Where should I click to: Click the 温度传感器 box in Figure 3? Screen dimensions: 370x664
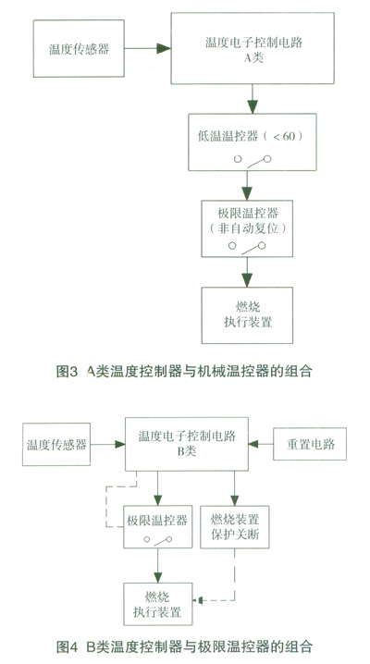click(x=79, y=48)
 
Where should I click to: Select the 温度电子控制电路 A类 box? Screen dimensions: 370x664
click(x=253, y=48)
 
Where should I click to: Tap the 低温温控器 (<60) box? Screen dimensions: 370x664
click(x=253, y=141)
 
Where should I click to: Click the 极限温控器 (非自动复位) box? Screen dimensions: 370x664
click(x=247, y=228)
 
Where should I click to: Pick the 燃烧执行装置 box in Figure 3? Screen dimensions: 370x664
click(x=247, y=315)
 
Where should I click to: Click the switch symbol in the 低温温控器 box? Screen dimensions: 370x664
click(x=253, y=160)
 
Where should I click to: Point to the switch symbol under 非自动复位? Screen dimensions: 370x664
click(x=247, y=247)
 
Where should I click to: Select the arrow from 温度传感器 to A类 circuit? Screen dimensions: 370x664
click(x=147, y=48)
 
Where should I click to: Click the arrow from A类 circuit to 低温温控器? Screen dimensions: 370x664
click(x=253, y=99)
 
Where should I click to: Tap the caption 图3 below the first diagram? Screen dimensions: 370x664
click(x=67, y=372)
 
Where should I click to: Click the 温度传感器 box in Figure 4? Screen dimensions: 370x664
click(x=56, y=444)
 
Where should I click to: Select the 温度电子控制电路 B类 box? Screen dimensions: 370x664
click(x=187, y=444)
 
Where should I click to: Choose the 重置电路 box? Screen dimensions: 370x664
click(x=310, y=444)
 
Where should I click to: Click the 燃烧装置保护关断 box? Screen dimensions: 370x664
click(x=235, y=527)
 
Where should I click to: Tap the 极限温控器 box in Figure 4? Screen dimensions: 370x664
click(x=157, y=527)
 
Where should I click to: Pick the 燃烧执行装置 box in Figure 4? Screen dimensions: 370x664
click(x=157, y=604)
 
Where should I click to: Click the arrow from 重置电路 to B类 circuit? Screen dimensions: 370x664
click(x=261, y=444)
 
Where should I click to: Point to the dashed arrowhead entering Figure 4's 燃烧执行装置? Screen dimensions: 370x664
click(x=197, y=599)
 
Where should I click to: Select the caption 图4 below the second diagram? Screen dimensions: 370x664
click(x=67, y=646)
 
